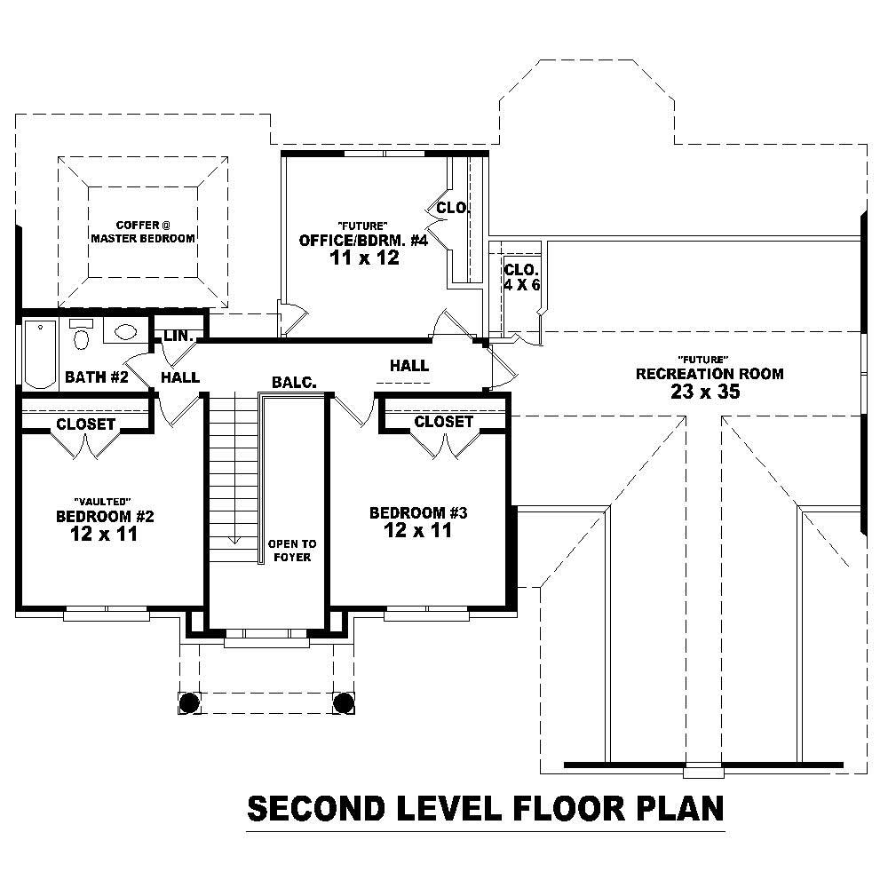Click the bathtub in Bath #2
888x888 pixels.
(39, 353)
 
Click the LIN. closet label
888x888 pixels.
(178, 336)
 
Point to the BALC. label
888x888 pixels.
(294, 383)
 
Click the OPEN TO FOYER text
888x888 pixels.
(291, 550)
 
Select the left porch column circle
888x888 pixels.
(188, 702)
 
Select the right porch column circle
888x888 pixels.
(344, 702)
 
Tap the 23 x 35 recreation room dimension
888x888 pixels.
(709, 392)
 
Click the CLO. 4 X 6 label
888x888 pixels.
(521, 277)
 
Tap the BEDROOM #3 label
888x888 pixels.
(418, 513)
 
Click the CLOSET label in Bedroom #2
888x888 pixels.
(85, 424)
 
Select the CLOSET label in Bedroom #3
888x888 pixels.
(443, 422)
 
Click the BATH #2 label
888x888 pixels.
(97, 377)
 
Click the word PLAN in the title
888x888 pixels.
(676, 809)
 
